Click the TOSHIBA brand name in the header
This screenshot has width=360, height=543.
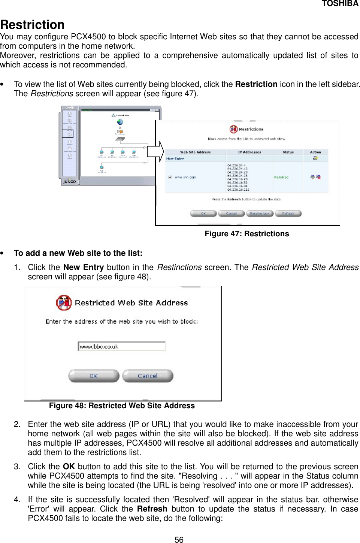pyautogui.click(x=340, y=4)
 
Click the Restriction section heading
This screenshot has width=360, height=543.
pyautogui.click(x=33, y=25)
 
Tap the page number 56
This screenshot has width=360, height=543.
pyautogui.click(x=179, y=540)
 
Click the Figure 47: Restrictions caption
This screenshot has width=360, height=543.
pyautogui.click(x=246, y=234)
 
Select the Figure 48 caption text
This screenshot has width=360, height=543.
pyautogui.click(x=122, y=406)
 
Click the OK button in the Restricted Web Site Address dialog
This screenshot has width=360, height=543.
pyautogui.click(x=94, y=376)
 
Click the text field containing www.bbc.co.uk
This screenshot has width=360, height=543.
pyautogui.click(x=121, y=346)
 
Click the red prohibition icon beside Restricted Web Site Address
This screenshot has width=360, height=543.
pyautogui.click(x=64, y=303)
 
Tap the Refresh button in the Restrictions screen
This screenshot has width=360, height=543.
pyautogui.click(x=288, y=213)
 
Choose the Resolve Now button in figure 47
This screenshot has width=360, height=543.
pyautogui.click(x=260, y=213)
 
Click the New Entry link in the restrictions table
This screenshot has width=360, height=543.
pyautogui.click(x=175, y=159)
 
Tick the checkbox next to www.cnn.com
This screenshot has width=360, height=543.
pyautogui.click(x=170, y=177)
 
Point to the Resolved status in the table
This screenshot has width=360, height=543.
pyautogui.click(x=281, y=178)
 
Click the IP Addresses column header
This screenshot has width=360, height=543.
pyautogui.click(x=249, y=152)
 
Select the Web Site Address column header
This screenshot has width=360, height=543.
pyautogui.click(x=195, y=152)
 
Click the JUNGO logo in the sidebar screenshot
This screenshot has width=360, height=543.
pyautogui.click(x=69, y=182)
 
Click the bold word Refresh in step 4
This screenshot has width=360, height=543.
pyautogui.click(x=152, y=509)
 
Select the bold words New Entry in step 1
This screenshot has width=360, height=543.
pyautogui.click(x=83, y=267)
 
